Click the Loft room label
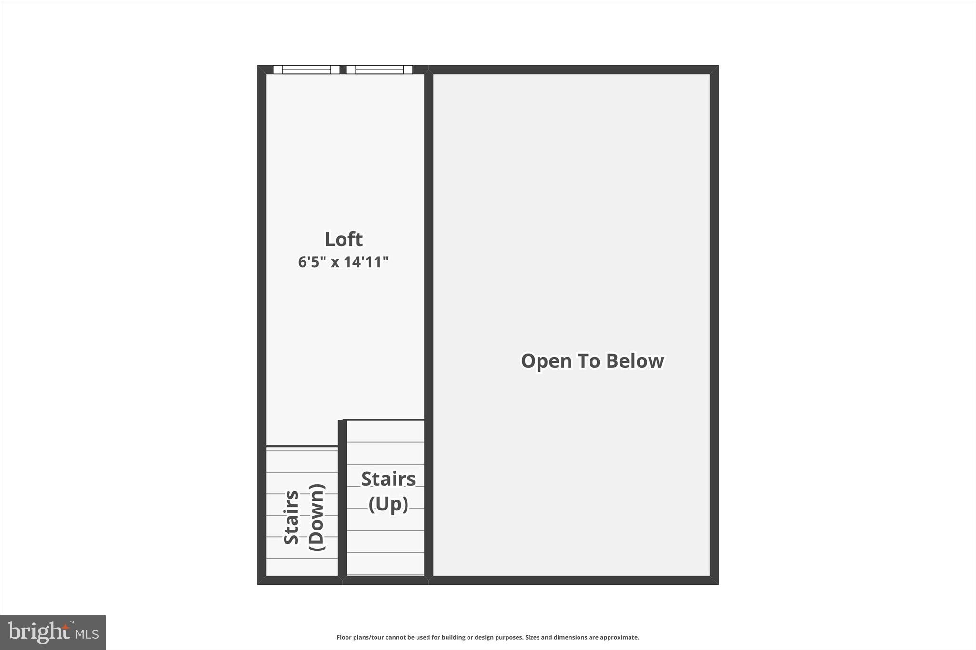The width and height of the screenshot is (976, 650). pyautogui.click(x=344, y=239)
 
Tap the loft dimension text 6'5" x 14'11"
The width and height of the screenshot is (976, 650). pyautogui.click(x=344, y=262)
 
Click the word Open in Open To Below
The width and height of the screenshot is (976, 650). pyautogui.click(x=546, y=361)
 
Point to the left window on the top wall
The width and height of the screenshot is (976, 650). pyautogui.click(x=306, y=70)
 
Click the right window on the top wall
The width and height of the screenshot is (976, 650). pyautogui.click(x=379, y=70)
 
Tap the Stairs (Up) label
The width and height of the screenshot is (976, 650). pyautogui.click(x=388, y=491)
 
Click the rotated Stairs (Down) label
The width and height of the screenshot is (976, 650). pyautogui.click(x=304, y=517)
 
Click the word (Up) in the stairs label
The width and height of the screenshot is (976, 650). pyautogui.click(x=388, y=504)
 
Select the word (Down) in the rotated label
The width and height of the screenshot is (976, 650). pyautogui.click(x=317, y=517)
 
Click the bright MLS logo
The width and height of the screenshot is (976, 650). pyautogui.click(x=53, y=632)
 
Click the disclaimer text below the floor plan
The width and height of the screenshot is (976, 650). pyautogui.click(x=488, y=637)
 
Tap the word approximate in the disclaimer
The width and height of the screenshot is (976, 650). pyautogui.click(x=619, y=637)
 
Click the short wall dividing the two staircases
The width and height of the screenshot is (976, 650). pyautogui.click(x=342, y=498)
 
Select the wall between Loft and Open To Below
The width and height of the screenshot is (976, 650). pyautogui.click(x=428, y=324)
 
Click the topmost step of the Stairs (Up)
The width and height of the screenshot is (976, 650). pyautogui.click(x=386, y=431)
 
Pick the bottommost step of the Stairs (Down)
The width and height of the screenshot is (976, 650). pyautogui.click(x=302, y=566)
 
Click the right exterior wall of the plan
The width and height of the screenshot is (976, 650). pyautogui.click(x=714, y=324)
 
